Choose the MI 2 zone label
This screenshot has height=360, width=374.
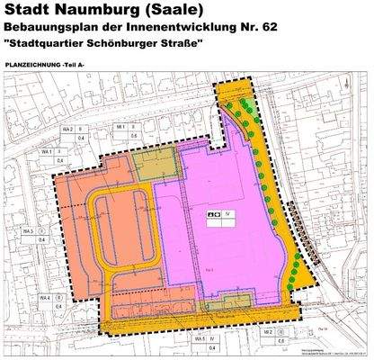coord(268,332)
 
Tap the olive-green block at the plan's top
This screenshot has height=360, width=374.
coord(147,164)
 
